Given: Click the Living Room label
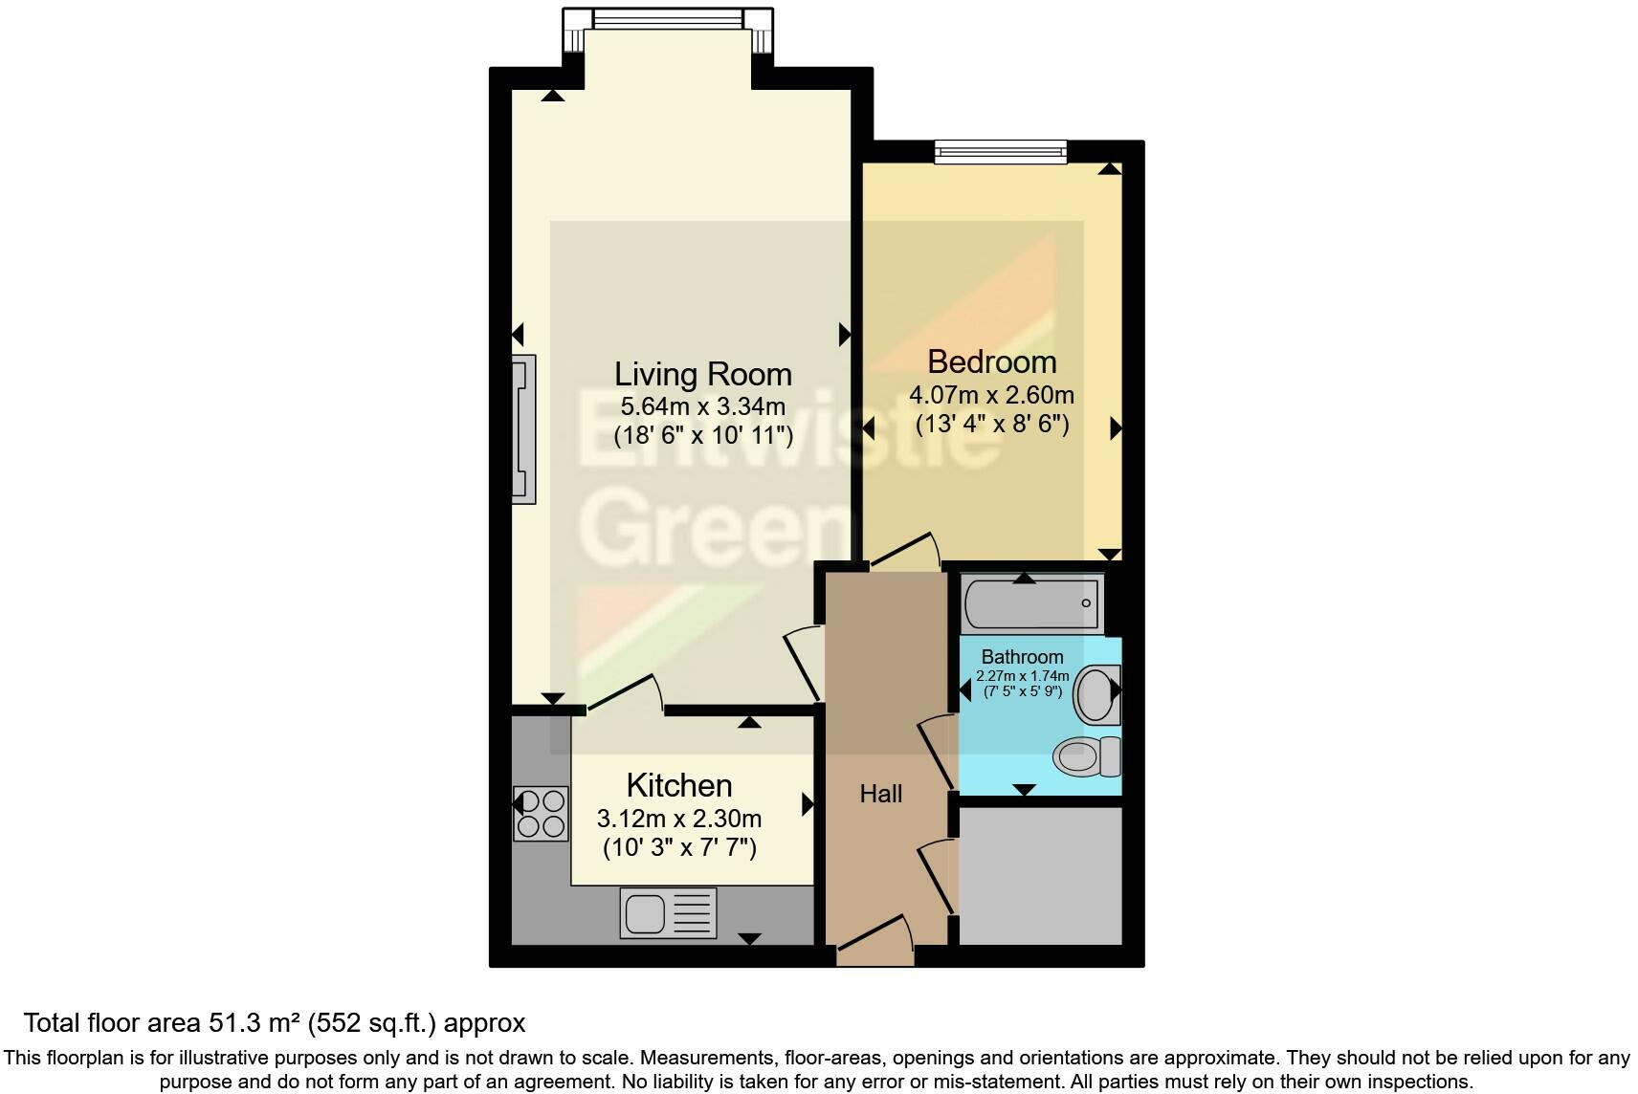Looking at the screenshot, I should (x=702, y=374).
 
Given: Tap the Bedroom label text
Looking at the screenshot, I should (x=991, y=362).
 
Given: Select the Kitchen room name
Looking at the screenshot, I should (x=679, y=785).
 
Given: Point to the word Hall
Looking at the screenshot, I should (x=880, y=794).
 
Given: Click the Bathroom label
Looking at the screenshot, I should (x=1022, y=657).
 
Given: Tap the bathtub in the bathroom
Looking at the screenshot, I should (x=1031, y=603).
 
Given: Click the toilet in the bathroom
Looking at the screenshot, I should (x=1088, y=756).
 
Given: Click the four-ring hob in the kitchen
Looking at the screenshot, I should (x=541, y=813).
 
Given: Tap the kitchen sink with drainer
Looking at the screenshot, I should (x=668, y=912).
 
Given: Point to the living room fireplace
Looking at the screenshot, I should (x=523, y=429).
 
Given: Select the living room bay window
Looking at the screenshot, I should (x=667, y=19).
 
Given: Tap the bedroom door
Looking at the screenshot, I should (x=904, y=553).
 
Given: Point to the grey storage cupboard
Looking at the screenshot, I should (x=1040, y=876).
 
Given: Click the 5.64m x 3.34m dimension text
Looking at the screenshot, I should (x=702, y=406).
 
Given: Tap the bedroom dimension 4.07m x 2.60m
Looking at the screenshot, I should (x=991, y=395).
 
